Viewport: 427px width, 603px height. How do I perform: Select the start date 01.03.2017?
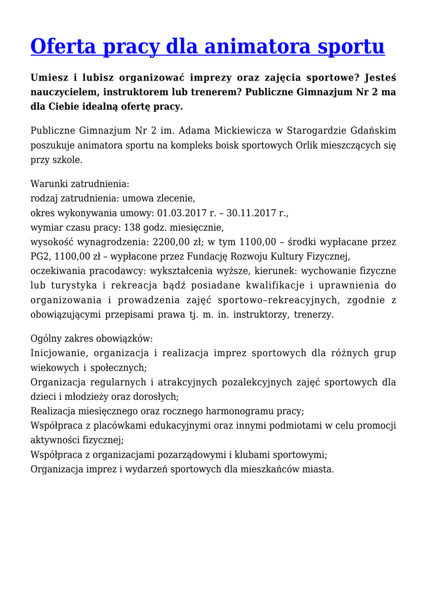coord(181,213)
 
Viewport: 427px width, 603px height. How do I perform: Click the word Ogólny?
coord(47,339)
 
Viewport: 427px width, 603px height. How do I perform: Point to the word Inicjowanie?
coord(58,353)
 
